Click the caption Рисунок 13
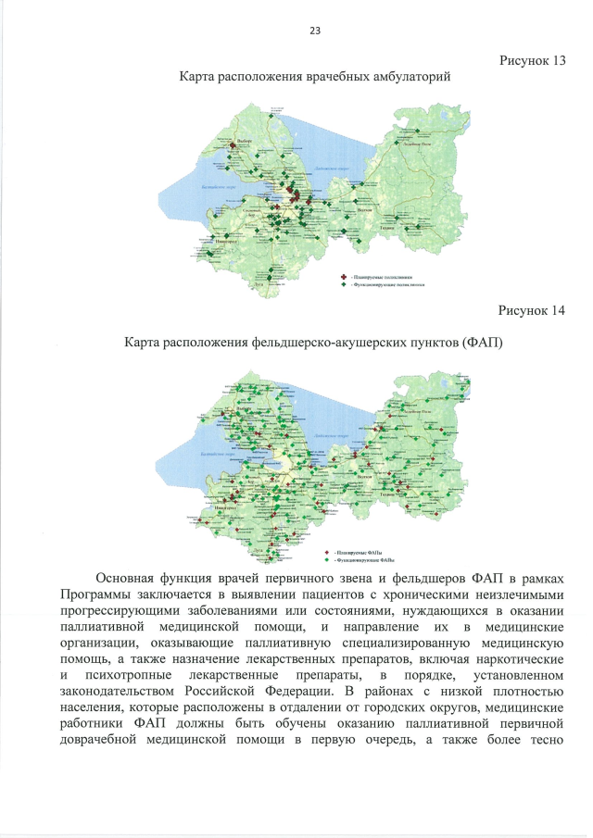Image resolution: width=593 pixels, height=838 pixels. tap(532, 60)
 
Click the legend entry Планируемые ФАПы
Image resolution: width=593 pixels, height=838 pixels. tap(352, 552)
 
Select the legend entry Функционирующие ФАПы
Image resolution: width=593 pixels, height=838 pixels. tap(357, 560)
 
